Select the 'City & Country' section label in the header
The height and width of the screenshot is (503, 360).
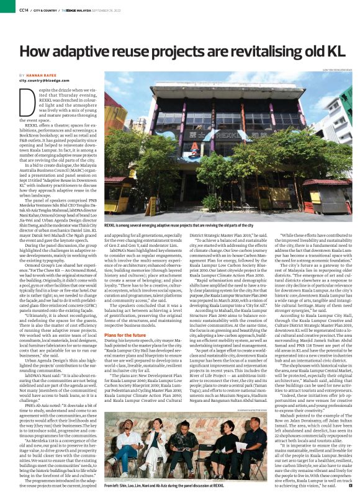pos(42,10)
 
